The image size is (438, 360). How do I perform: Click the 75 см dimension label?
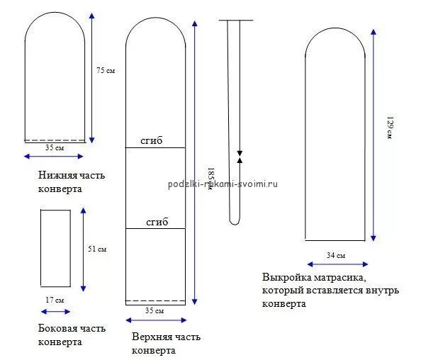click(x=105, y=70)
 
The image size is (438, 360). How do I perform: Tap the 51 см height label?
click(x=96, y=249)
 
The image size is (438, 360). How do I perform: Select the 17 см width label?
click(x=54, y=300)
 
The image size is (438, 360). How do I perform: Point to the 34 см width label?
click(x=336, y=255)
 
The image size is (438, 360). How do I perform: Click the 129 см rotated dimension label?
click(x=389, y=128)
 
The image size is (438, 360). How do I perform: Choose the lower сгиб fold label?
click(x=157, y=222)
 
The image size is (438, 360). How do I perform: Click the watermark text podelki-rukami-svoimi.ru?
click(x=223, y=184)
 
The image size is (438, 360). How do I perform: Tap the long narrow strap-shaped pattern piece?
click(x=237, y=120)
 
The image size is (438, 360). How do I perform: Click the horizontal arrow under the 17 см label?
click(x=55, y=311)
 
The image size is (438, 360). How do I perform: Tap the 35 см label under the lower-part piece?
click(x=55, y=147)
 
